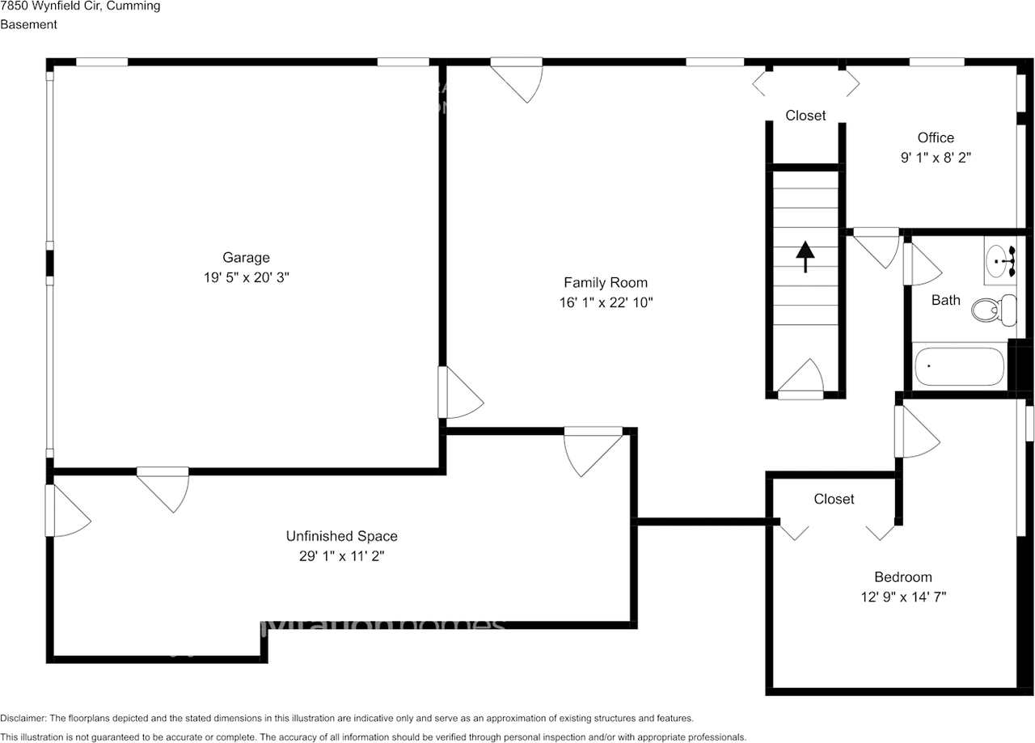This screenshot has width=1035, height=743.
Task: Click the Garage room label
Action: tap(246, 257)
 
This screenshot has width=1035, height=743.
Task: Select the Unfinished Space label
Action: tap(341, 536)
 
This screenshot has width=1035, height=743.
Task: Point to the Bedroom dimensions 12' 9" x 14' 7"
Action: tap(903, 597)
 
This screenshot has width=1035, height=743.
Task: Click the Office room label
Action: tap(936, 137)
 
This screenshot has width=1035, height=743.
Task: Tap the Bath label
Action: tap(945, 300)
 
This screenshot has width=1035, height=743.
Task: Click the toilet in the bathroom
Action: tap(994, 310)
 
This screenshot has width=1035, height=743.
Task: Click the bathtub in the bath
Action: tap(959, 366)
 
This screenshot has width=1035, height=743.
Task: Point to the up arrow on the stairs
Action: tap(805, 257)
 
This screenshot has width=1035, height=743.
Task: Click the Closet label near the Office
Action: tap(805, 116)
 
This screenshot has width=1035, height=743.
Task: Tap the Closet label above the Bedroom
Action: tap(834, 499)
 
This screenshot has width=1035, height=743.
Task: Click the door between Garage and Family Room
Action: tap(458, 394)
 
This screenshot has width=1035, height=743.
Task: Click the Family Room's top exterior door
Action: tap(518, 78)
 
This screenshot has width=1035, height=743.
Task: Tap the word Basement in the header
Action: tap(28, 24)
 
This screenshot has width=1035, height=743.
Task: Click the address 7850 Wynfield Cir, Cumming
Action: tap(80, 6)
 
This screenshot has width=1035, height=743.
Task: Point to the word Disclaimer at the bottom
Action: tap(23, 718)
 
